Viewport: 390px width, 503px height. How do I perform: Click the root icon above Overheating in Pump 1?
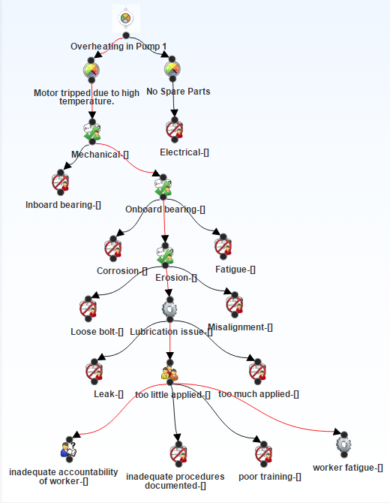point(125,18)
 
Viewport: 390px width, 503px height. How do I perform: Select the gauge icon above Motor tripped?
point(91,71)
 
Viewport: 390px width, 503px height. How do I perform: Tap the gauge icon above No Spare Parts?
point(172,69)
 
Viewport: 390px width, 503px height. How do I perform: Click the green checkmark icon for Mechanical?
point(92,131)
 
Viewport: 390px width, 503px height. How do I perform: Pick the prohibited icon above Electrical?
point(174,130)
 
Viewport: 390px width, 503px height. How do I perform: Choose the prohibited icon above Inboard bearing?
point(60,182)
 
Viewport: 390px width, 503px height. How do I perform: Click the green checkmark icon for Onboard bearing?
point(163,187)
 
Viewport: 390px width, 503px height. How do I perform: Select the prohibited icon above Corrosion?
point(112,248)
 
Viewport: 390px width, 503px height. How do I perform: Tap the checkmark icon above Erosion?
point(165,256)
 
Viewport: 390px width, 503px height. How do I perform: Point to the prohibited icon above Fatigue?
point(223,247)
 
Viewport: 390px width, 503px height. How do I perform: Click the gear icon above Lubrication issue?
point(169,309)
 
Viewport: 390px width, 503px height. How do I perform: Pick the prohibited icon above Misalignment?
point(234,305)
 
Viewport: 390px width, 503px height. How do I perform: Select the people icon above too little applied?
point(169,373)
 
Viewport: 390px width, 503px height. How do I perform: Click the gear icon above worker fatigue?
point(343,444)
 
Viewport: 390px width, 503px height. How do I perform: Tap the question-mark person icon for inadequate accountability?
point(69,449)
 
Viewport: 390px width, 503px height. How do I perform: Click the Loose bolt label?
point(97,331)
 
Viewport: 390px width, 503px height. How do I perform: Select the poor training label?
point(270,477)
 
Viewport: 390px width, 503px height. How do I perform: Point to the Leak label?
point(109,394)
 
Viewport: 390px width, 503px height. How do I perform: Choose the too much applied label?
point(259,394)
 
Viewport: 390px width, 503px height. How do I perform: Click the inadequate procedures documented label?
point(175,481)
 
